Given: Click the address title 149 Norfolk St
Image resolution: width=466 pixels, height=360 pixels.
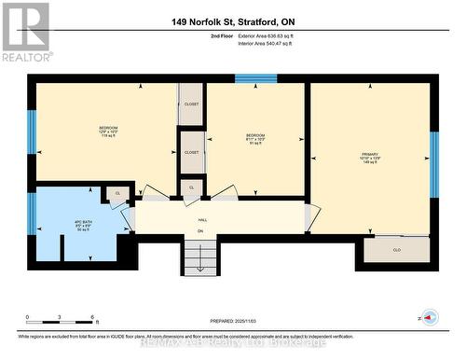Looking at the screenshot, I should [232, 21].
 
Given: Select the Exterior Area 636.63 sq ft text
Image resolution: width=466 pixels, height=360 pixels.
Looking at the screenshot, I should [265, 35].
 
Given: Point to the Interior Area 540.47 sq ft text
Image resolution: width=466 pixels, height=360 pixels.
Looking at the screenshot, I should [265, 43].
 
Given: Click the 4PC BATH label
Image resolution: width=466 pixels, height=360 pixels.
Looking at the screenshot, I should [82, 224].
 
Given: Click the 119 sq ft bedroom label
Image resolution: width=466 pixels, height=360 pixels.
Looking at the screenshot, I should [109, 132].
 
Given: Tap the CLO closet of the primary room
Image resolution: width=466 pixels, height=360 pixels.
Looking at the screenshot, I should [396, 249].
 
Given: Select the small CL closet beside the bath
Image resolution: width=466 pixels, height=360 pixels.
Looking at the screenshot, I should [118, 192].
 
